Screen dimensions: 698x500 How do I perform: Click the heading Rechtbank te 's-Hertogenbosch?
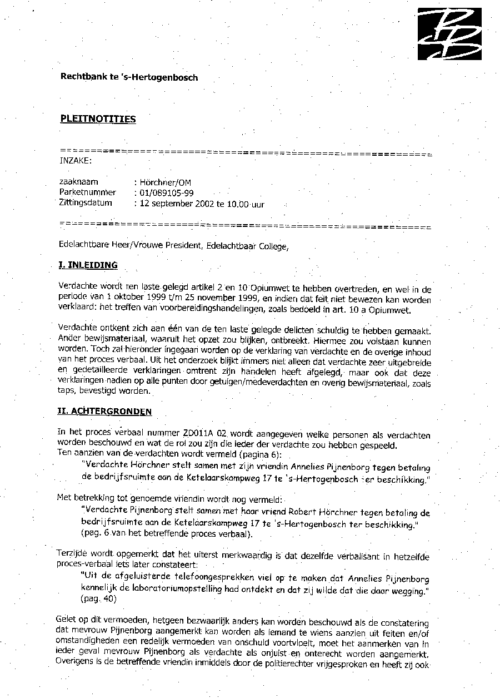(129, 77)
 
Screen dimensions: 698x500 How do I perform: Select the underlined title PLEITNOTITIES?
(97, 118)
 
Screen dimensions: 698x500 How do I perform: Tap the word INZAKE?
(75, 161)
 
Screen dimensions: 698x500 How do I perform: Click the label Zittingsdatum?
(85, 203)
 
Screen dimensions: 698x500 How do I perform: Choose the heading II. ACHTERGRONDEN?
(104, 412)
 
